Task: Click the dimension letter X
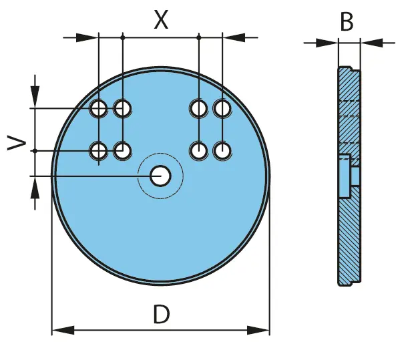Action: coord(162,19)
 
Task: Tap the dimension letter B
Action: coord(347,21)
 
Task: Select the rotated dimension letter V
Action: coord(16,143)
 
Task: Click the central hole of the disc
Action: coord(160,176)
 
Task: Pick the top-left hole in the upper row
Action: coord(98,108)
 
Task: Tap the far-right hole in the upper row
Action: coord(222,108)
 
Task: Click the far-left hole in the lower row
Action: coord(98,151)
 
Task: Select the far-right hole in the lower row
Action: coord(222,151)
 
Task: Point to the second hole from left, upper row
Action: coord(123,108)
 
